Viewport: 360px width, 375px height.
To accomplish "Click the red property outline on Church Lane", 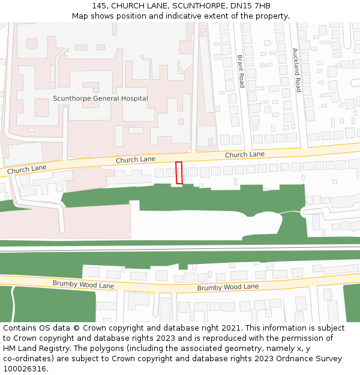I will click(x=179, y=173).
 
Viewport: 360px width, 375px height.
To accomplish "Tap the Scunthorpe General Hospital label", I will click(x=100, y=98).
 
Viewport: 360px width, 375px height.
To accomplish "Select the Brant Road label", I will click(x=241, y=71).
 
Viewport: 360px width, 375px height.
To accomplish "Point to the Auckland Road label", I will click(x=295, y=70).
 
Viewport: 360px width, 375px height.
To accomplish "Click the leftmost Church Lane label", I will click(x=26, y=170).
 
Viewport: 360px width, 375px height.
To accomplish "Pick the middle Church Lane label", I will click(x=135, y=160).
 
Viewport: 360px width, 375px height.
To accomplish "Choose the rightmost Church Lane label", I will click(x=244, y=155).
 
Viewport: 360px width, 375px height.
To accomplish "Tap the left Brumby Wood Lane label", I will click(x=83, y=284).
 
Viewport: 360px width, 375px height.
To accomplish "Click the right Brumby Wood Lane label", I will click(x=227, y=287).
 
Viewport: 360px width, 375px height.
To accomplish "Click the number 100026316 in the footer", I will click(x=25, y=368).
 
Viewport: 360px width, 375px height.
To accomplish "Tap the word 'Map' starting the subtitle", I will click(x=80, y=16).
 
